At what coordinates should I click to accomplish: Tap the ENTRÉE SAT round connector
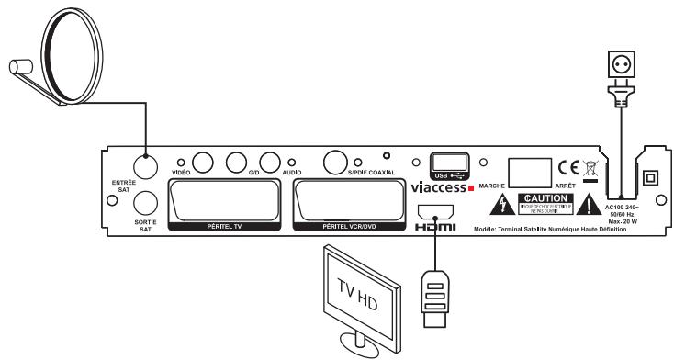click(145, 167)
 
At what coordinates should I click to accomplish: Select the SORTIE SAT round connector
click(145, 202)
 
